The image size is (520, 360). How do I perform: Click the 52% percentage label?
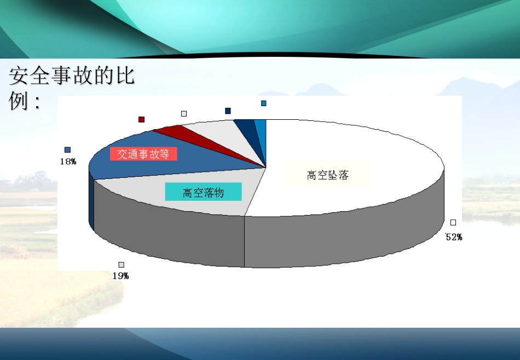(454, 237)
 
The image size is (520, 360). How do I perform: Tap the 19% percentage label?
(120, 276)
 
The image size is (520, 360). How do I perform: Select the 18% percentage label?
(67, 161)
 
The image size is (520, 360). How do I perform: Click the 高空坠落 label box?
(328, 176)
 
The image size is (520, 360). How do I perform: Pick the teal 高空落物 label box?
(203, 192)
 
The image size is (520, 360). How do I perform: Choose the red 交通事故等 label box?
(143, 154)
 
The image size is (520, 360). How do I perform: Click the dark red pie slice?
(174, 132)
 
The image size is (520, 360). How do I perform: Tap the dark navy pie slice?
(246, 127)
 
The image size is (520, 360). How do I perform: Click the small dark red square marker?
(141, 119)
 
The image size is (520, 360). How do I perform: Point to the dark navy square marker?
(228, 111)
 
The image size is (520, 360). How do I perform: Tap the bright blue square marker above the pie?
(264, 103)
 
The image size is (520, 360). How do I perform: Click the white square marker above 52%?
(453, 222)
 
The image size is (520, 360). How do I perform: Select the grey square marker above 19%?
(121, 265)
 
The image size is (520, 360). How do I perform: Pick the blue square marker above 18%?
(67, 150)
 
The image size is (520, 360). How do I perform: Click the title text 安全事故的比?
(72, 77)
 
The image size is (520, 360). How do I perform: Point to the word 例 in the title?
(18, 101)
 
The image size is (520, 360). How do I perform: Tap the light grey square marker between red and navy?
(184, 114)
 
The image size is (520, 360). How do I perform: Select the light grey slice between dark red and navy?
(213, 131)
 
